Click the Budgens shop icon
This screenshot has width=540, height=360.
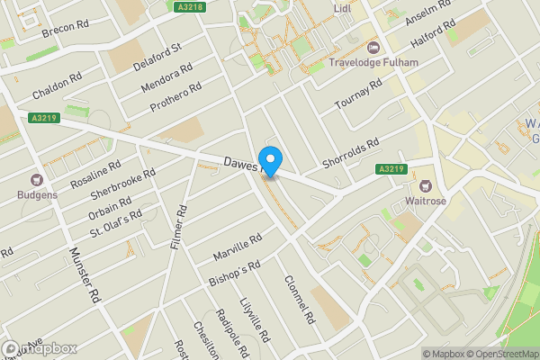[37, 180]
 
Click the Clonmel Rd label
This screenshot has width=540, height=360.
[296, 300]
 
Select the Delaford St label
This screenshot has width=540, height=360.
[157, 58]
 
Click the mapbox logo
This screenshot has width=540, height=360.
[40, 348]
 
